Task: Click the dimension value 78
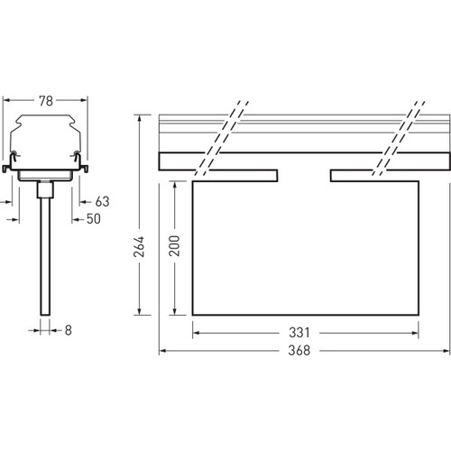46,101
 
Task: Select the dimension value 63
102,202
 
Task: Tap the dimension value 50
94,219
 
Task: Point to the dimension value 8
69,330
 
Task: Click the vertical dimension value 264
139,246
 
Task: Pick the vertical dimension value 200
174,246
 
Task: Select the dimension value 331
299,333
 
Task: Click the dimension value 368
299,351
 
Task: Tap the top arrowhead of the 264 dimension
139,118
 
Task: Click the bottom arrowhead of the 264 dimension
139,311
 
